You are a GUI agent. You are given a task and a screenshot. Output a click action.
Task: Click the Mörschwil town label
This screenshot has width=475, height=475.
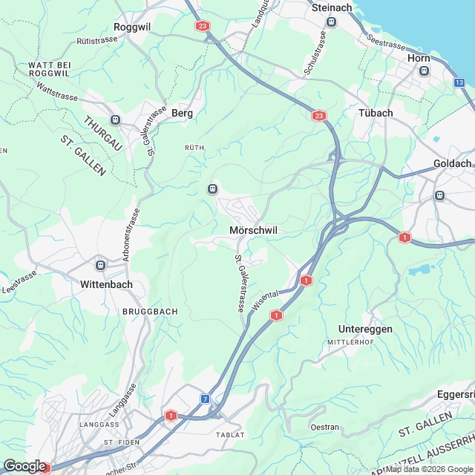tap(254, 231)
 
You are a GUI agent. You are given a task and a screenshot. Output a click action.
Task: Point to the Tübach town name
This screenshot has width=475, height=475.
tap(376, 112)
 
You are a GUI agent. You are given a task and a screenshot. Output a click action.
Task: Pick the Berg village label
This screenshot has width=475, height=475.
tap(182, 113)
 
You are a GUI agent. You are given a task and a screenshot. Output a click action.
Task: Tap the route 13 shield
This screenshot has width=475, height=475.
tap(460, 82)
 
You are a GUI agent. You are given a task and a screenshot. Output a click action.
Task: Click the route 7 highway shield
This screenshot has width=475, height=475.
tap(205, 399)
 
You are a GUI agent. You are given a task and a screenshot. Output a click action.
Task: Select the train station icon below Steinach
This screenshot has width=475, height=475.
tap(332, 22)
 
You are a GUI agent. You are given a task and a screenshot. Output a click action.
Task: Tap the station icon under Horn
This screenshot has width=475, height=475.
tap(424, 71)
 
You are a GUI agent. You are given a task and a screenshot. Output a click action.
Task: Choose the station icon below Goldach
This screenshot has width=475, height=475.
tap(439, 196)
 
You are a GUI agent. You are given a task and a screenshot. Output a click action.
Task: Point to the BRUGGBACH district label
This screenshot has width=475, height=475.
tap(150, 312)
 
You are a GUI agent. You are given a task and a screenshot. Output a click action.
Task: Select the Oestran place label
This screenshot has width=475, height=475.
tap(325, 427)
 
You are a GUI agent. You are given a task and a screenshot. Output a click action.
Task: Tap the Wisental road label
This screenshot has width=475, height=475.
tap(266, 303)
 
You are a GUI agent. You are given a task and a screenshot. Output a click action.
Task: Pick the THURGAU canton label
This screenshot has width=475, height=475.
tap(102, 134)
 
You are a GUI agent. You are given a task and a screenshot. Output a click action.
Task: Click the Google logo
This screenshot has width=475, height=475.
tap(24, 465)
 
